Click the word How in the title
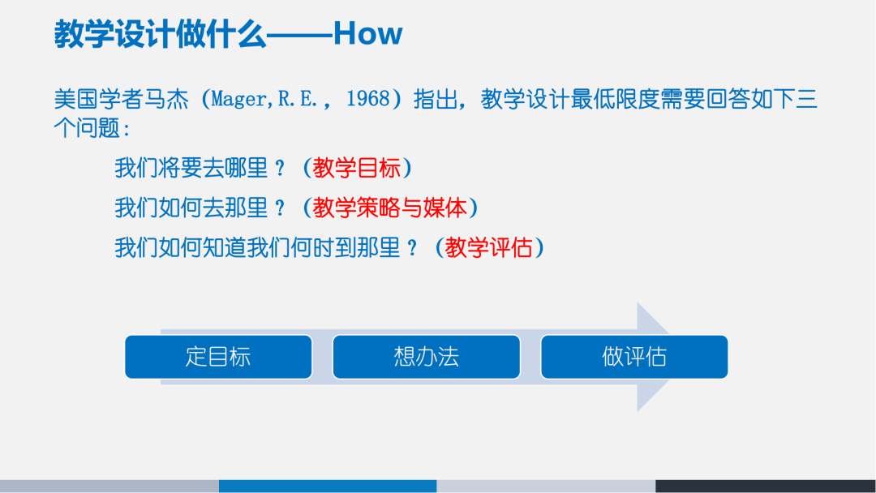pos(367,34)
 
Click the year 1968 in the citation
pos(369,100)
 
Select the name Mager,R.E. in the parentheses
pos(272,100)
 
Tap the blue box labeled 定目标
pos(218,357)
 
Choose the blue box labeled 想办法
pos(426,357)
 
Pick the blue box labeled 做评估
pos(633,357)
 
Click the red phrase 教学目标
pos(357,169)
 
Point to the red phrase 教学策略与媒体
pos(389,208)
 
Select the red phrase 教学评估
pos(489,247)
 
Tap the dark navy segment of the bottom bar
pos(765,486)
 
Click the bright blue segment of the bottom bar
pos(328,486)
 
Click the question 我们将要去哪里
pos(191,169)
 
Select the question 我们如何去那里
pos(191,208)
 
